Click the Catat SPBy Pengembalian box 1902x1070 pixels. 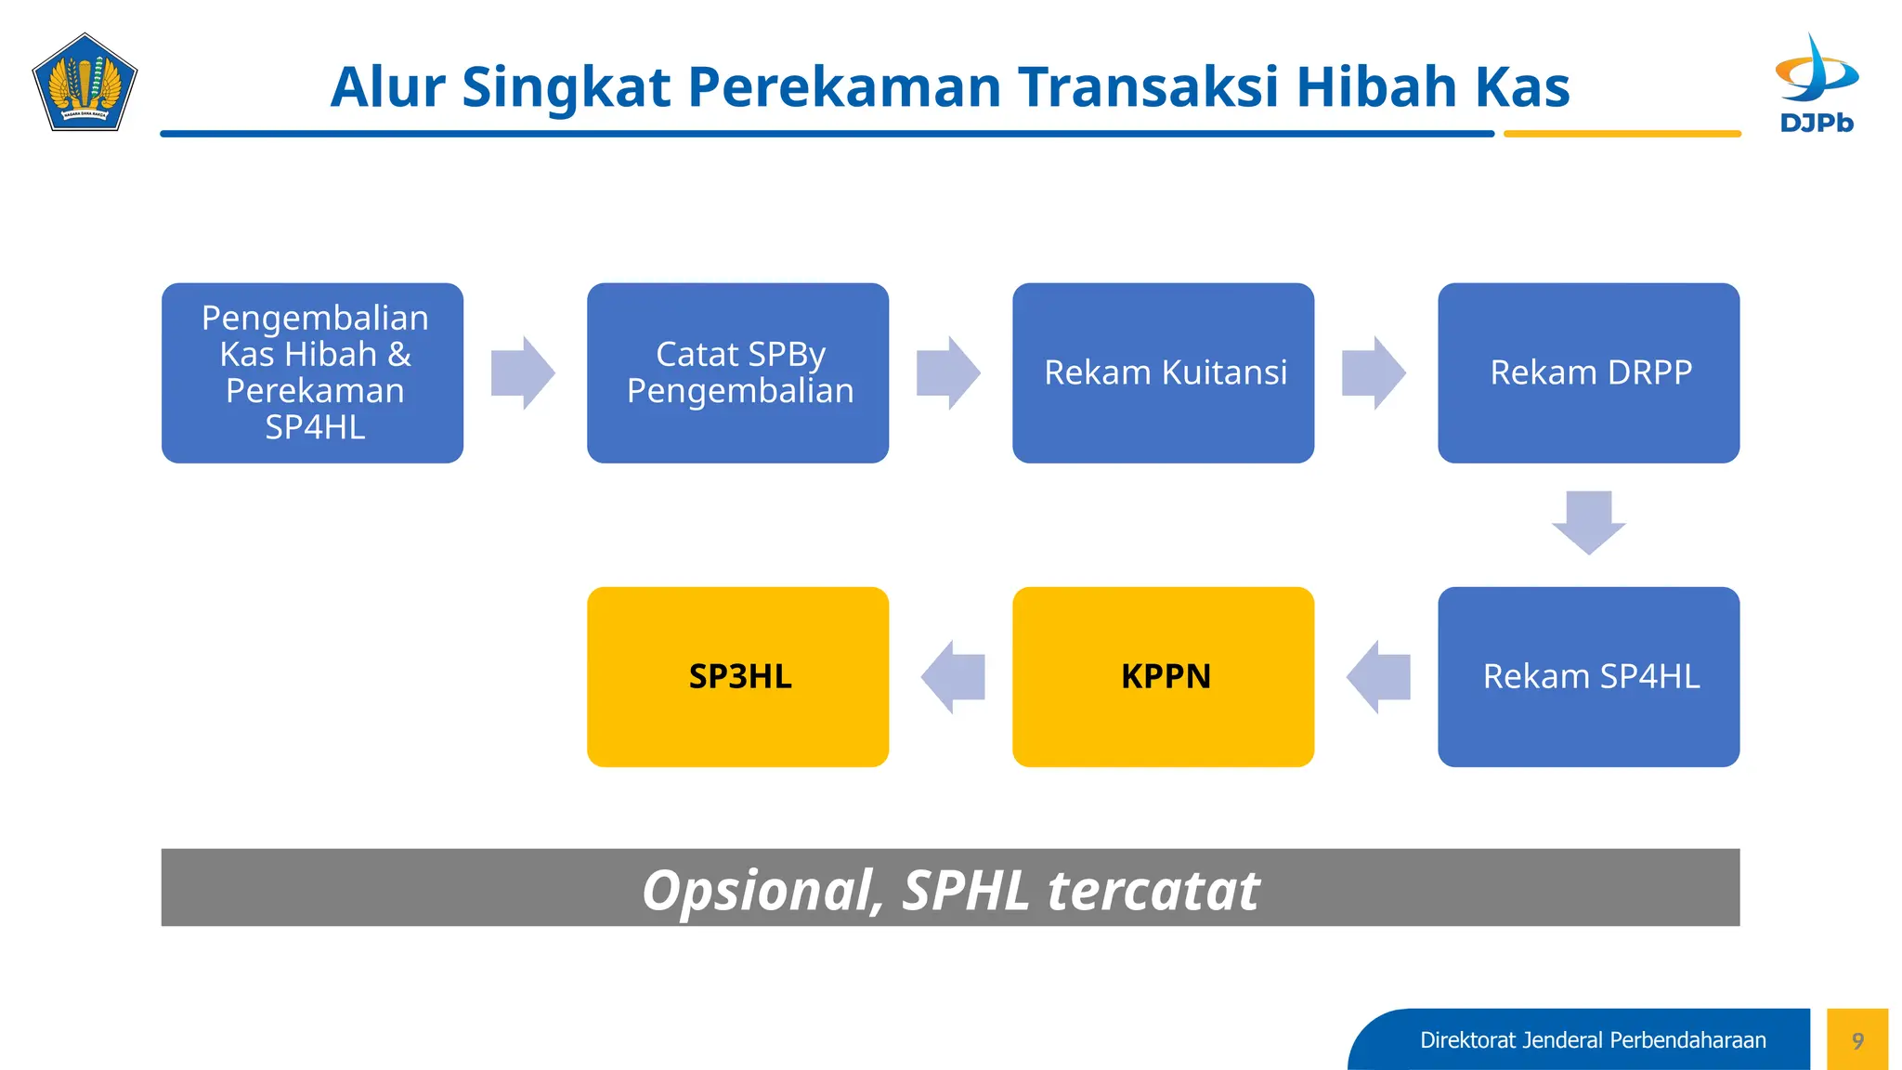click(737, 372)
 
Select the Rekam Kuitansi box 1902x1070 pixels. click(1163, 372)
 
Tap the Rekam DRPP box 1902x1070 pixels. click(1588, 372)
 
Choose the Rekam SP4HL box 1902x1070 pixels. click(1588, 676)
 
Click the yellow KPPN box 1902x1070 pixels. click(1163, 676)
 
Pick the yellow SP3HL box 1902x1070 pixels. click(737, 676)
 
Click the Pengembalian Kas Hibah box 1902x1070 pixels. click(312, 372)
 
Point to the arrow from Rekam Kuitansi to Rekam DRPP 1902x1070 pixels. click(1374, 372)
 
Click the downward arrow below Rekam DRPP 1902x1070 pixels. click(1588, 522)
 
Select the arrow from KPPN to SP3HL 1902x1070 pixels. click(952, 676)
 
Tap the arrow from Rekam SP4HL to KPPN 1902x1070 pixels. click(1377, 676)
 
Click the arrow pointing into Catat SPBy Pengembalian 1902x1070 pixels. click(523, 372)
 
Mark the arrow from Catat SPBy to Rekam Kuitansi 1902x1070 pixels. click(948, 372)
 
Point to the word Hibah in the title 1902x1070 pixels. click(1376, 87)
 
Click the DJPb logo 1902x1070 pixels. click(1817, 84)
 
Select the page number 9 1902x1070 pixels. click(1857, 1040)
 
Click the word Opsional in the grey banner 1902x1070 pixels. click(762, 890)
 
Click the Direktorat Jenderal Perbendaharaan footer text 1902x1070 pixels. click(1593, 1040)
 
